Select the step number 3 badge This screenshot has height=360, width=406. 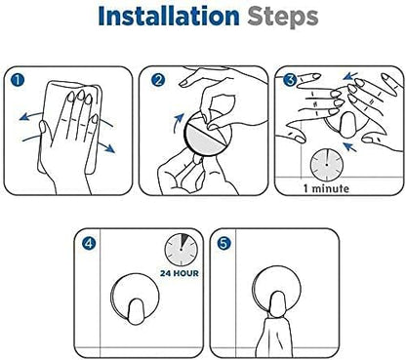(x=289, y=79)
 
